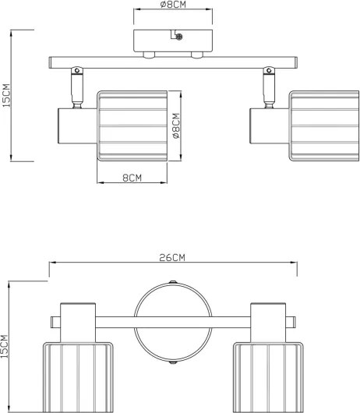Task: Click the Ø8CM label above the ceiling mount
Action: (x=173, y=4)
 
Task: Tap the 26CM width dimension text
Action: (x=172, y=258)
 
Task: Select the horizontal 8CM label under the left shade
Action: (x=132, y=178)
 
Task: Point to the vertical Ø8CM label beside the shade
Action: (x=176, y=126)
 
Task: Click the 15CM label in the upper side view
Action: (x=6, y=95)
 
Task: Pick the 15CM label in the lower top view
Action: (x=4, y=347)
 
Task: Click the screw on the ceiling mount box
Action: (x=179, y=37)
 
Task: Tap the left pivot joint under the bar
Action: (x=77, y=70)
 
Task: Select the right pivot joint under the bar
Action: (x=269, y=70)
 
